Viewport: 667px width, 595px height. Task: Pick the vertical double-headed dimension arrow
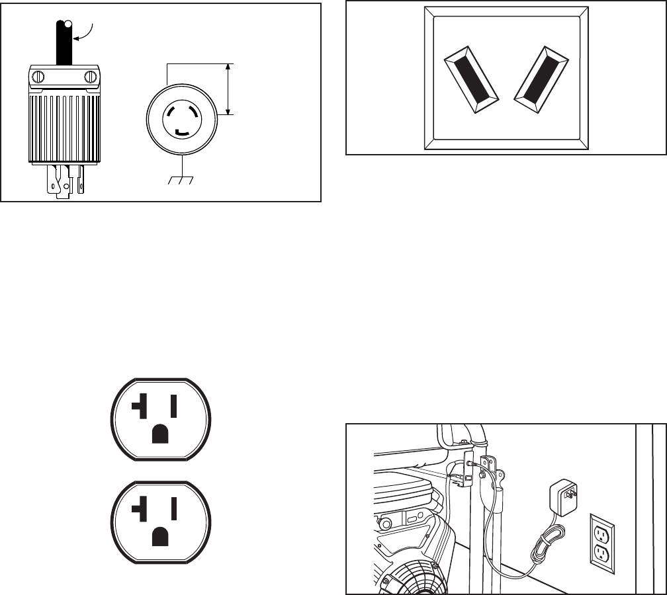[x=229, y=89]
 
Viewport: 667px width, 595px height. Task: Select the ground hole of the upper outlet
[x=159, y=433]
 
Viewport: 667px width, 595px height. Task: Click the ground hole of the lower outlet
[x=159, y=535]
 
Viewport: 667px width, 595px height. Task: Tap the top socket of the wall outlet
[x=601, y=532]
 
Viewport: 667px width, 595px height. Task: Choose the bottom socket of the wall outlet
[x=601, y=553]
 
